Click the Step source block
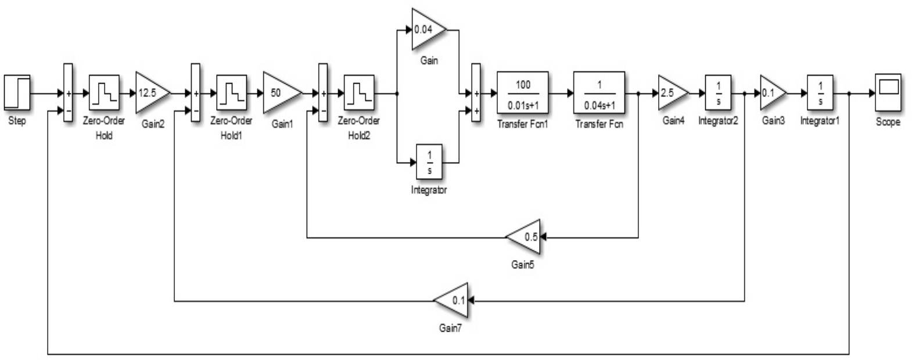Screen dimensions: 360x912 [17, 92]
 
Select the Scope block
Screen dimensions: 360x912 [888, 92]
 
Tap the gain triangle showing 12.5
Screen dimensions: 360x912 [150, 92]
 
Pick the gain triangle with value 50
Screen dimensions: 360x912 [279, 92]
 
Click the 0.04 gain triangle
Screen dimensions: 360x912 [426, 30]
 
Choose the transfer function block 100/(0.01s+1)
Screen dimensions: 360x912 [523, 92]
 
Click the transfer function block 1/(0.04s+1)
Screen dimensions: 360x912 [599, 92]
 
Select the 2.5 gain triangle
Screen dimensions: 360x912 [671, 92]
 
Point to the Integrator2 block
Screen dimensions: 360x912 [718, 92]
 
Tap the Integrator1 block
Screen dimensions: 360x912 [820, 92]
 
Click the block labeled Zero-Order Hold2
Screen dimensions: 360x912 [359, 92]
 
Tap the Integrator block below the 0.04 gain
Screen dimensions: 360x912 [429, 162]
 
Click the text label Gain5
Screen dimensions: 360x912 [522, 265]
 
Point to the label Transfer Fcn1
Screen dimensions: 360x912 [522, 124]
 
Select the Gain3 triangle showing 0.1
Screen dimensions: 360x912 [771, 92]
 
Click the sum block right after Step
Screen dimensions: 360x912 [68, 92]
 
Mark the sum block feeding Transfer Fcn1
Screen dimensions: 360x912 [476, 92]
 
